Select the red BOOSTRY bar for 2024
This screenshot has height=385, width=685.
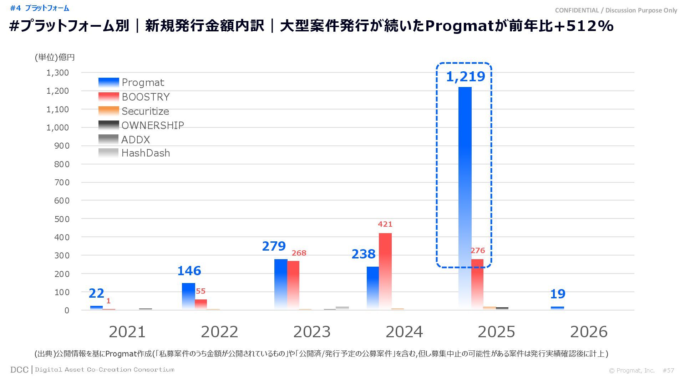[x=385, y=271]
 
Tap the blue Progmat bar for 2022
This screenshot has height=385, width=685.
[x=188, y=296]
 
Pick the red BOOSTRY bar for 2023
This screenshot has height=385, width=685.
[x=293, y=285]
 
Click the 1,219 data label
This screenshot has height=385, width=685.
[x=466, y=77]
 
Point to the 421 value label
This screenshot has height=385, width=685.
[x=385, y=224]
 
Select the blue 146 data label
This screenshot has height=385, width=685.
[x=189, y=271]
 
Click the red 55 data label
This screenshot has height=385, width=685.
[x=201, y=291]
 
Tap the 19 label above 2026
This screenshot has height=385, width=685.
[x=558, y=294]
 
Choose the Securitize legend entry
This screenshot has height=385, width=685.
[x=145, y=111]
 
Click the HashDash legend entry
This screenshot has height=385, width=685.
[x=146, y=153]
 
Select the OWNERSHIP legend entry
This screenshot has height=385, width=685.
[x=153, y=125]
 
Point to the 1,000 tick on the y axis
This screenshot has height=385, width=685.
[x=57, y=128]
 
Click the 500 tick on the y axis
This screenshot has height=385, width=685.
[x=62, y=219]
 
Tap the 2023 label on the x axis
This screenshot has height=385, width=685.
[x=312, y=332]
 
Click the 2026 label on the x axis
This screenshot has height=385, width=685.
[x=589, y=332]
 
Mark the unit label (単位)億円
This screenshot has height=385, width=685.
[x=55, y=57]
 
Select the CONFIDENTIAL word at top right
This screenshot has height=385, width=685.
[x=577, y=10]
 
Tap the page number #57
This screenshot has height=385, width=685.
[x=668, y=370]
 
